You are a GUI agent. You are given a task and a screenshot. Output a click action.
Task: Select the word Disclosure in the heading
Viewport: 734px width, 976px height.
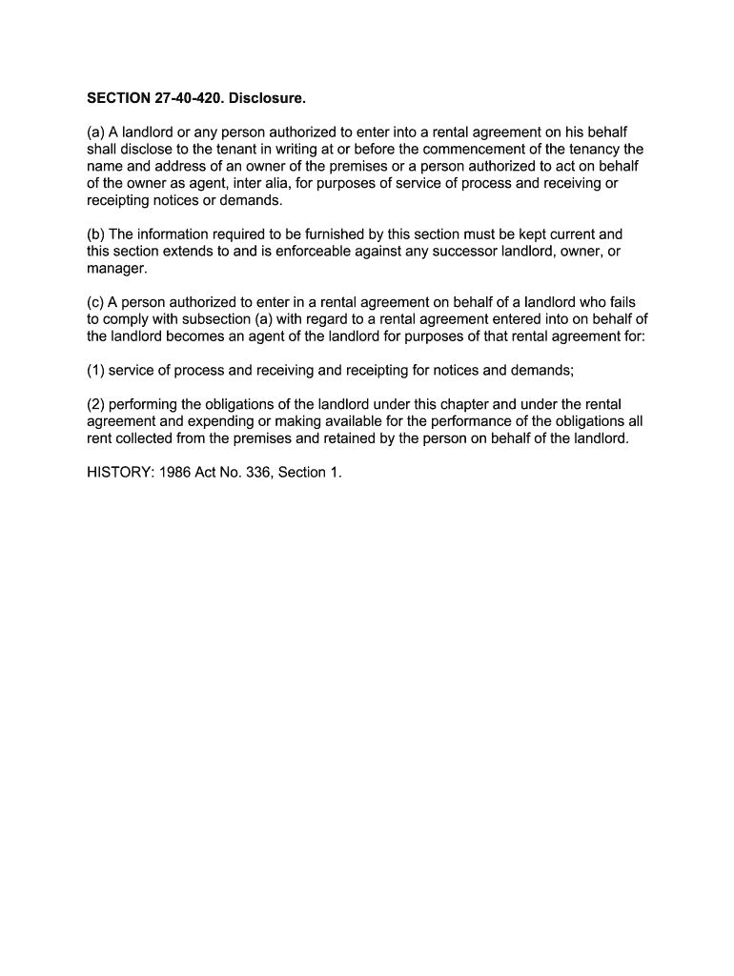pyautogui.click(x=271, y=98)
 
